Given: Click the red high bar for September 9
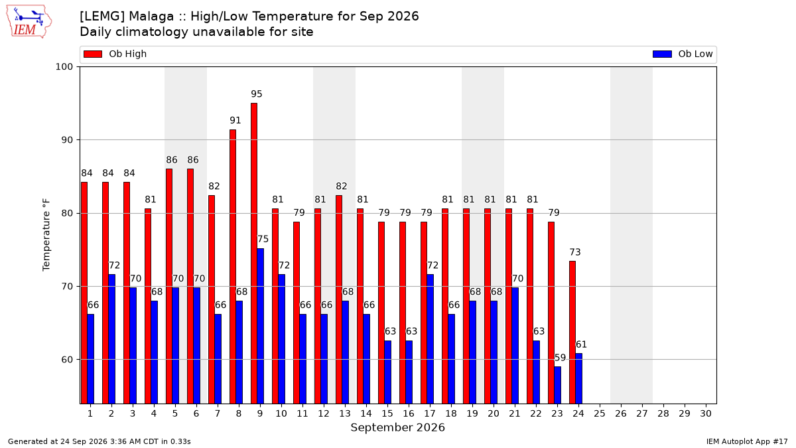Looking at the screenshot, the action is click(x=254, y=254).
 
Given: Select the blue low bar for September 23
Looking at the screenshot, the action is click(x=558, y=385).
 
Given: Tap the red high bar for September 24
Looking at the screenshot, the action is click(x=572, y=333).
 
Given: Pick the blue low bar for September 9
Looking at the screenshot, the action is click(x=261, y=326).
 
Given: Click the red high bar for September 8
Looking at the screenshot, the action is click(x=233, y=267).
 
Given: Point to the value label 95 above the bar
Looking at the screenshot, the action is click(x=257, y=94).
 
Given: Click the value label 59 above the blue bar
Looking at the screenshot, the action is click(x=560, y=357).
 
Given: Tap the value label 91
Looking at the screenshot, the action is click(x=235, y=120).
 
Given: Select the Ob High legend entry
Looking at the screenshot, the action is click(x=115, y=54).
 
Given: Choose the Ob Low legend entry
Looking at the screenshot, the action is click(x=683, y=54).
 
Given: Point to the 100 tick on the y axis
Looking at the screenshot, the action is click(x=64, y=67).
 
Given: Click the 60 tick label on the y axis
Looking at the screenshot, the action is click(x=67, y=360).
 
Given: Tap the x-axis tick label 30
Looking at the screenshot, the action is click(x=706, y=413).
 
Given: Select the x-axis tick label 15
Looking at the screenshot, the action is click(x=387, y=413).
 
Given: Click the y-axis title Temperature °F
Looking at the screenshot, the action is click(x=46, y=235).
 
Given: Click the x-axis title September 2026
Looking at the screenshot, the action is click(x=397, y=427).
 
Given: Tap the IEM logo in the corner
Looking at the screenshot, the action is click(x=29, y=22).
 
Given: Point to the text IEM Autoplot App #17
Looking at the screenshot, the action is click(x=747, y=441).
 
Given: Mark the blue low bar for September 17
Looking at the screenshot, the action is click(x=430, y=339).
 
